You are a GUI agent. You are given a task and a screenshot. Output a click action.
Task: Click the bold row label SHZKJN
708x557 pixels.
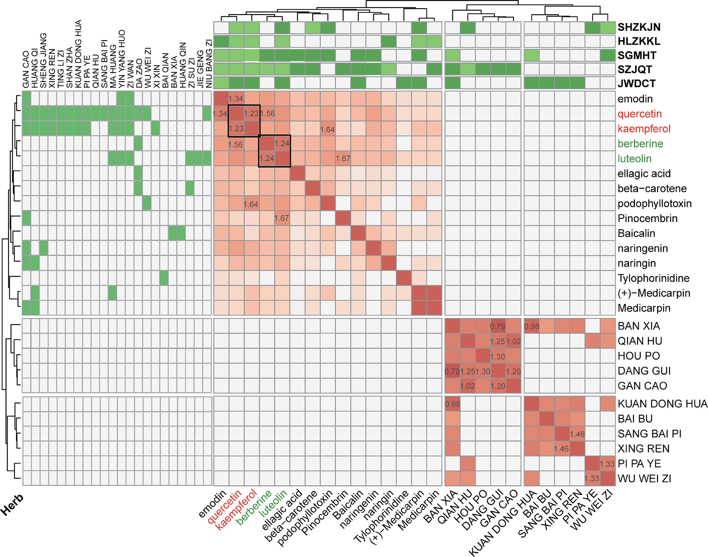click(639, 27)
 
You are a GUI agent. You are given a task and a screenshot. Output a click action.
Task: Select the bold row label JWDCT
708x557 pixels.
click(636, 83)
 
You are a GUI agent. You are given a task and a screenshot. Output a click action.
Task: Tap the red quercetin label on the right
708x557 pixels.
click(639, 114)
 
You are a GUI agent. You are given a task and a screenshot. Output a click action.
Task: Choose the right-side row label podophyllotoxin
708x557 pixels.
click(654, 204)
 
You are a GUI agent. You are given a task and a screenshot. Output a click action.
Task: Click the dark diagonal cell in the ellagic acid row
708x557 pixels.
click(297, 173)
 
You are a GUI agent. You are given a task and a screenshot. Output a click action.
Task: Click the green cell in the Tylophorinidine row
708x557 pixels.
click(164, 278)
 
